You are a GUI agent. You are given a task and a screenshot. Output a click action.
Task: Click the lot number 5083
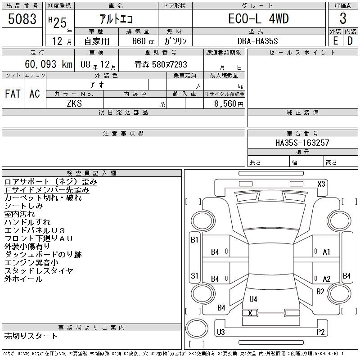coord(22,19)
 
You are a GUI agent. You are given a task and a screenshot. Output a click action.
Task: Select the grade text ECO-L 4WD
coord(258,18)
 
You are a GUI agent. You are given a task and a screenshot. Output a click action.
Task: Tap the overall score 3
coord(343,18)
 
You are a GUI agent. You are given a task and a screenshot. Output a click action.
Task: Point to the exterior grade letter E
coord(335,41)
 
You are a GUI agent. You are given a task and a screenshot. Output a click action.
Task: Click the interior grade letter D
coord(350,41)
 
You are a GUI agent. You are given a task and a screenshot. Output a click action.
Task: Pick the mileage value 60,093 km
coord(49,64)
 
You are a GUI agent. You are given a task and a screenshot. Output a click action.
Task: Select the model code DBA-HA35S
coord(257,41)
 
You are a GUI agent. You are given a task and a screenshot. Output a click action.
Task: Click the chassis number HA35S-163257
coord(302,143)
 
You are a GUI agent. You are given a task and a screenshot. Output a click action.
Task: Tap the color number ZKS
coord(74,103)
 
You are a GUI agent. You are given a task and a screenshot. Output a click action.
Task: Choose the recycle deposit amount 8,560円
coord(229,104)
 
